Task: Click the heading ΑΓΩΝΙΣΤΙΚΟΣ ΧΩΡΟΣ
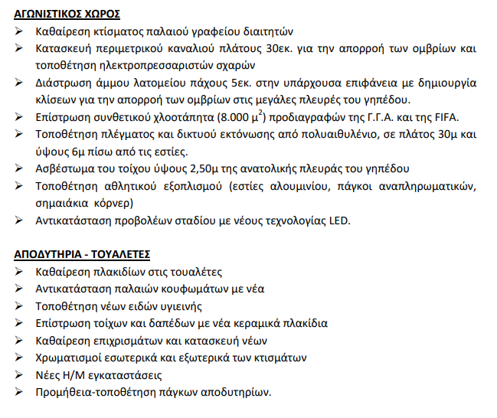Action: pyautogui.click(x=67, y=15)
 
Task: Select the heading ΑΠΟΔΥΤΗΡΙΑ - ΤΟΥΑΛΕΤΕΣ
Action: pyautogui.click(x=82, y=253)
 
